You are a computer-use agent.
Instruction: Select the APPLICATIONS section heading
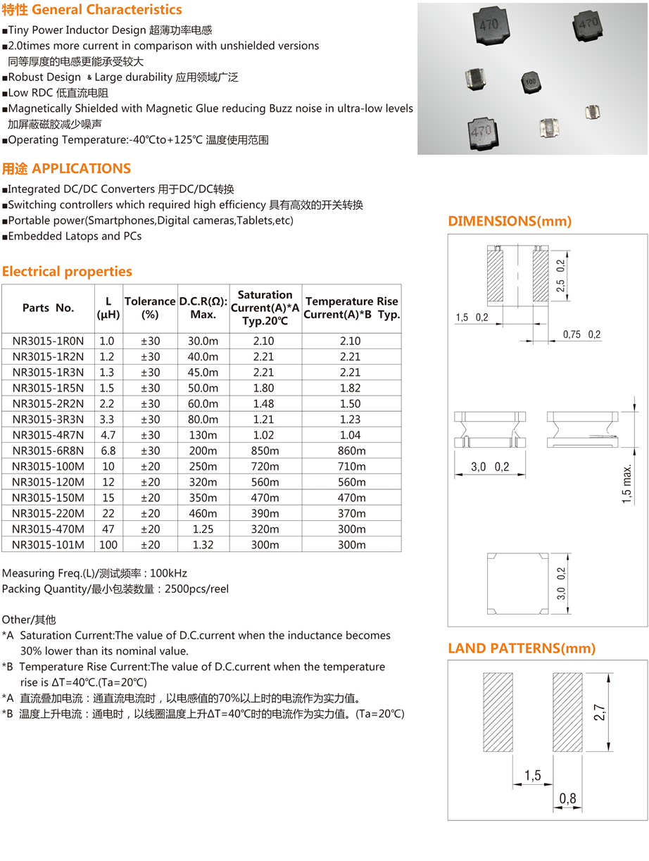pyautogui.click(x=67, y=169)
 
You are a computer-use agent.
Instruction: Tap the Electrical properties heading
pyautogui.click(x=67, y=272)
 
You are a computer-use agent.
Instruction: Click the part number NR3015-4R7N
pyautogui.click(x=48, y=435)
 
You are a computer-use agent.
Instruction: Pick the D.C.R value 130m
pyautogui.click(x=203, y=435)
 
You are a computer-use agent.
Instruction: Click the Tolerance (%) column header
pyautogui.click(x=150, y=307)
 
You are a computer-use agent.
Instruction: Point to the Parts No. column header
pyautogui.click(x=48, y=308)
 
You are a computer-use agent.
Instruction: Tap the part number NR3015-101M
pyautogui.click(x=48, y=545)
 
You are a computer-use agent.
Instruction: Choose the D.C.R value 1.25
pyautogui.click(x=203, y=529)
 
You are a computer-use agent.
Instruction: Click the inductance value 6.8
pyautogui.click(x=107, y=451)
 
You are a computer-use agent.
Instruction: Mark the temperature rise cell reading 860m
pyautogui.click(x=351, y=451)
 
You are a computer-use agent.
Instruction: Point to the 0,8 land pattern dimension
pyautogui.click(x=567, y=798)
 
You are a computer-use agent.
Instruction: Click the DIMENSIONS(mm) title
pyautogui.click(x=510, y=221)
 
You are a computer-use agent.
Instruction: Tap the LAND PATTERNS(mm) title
pyautogui.click(x=522, y=648)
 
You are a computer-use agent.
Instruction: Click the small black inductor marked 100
pyautogui.click(x=530, y=82)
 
